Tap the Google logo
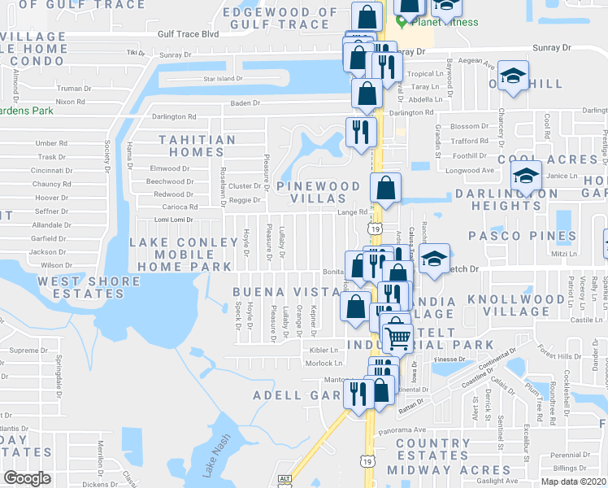27,478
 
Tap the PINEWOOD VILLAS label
318,192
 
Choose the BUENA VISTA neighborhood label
284,292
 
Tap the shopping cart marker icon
396,335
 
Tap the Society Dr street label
106,157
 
